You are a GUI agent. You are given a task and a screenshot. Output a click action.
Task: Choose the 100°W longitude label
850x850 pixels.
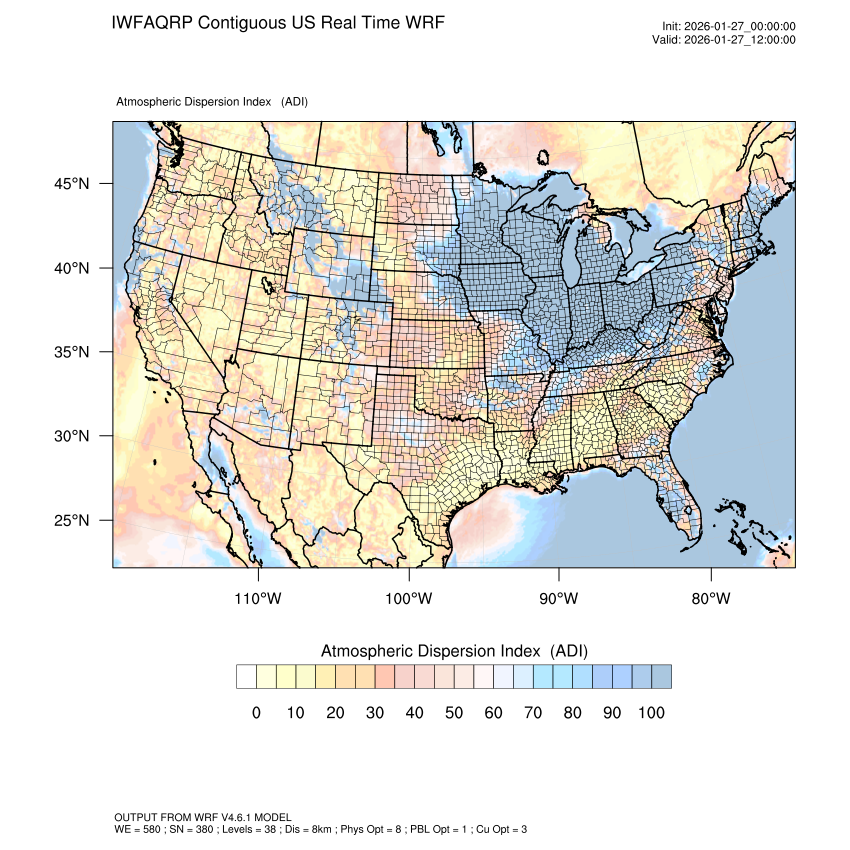409,599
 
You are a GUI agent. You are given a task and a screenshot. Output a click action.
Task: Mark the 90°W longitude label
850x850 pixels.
559,599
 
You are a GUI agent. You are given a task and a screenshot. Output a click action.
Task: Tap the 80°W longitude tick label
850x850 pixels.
711,599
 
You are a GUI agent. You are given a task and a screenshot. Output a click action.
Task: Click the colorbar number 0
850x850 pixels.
256,712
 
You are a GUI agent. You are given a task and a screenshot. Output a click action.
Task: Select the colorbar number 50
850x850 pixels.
454,712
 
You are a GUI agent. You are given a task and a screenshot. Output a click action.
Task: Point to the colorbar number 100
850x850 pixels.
651,712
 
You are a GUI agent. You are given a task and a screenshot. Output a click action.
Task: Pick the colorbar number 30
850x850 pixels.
375,712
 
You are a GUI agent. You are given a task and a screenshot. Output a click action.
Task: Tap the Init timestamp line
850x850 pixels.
729,26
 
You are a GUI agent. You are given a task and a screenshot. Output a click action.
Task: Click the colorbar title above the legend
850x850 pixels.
454,651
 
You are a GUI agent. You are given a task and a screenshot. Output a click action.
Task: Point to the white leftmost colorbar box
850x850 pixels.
246,677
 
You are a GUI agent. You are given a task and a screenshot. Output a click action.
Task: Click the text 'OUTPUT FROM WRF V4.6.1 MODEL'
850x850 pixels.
203,818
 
